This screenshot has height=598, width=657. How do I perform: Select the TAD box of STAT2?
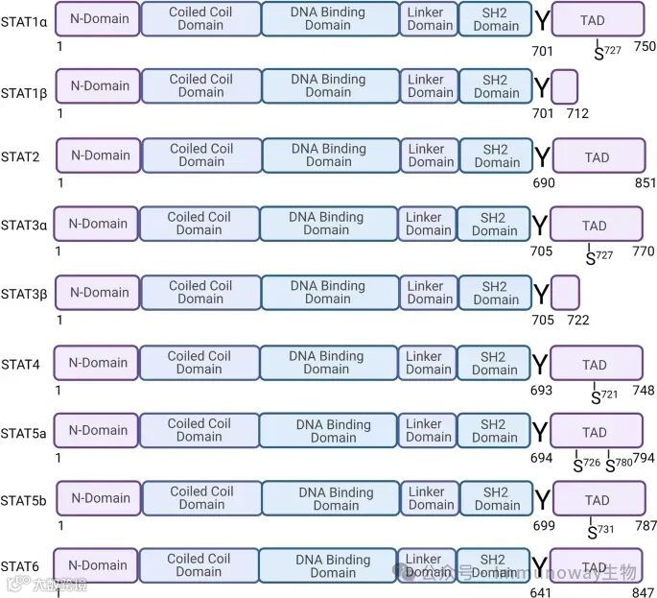(x=598, y=156)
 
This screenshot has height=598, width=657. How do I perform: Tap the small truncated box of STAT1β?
(x=565, y=86)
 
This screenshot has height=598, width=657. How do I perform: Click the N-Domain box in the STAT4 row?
(x=96, y=363)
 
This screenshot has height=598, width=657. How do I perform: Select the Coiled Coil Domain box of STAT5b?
(x=201, y=498)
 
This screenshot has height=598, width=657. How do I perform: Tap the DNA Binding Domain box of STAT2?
(x=329, y=155)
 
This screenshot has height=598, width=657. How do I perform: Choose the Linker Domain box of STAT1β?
(x=431, y=86)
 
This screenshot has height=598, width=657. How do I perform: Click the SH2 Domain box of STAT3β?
(x=495, y=293)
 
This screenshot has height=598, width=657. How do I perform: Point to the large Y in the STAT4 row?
(x=540, y=365)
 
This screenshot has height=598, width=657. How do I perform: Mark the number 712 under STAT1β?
(x=577, y=113)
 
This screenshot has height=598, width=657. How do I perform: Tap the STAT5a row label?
(x=23, y=433)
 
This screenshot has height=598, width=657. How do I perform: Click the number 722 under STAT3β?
(x=577, y=320)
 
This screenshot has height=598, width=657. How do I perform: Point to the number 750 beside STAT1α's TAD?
(x=645, y=46)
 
